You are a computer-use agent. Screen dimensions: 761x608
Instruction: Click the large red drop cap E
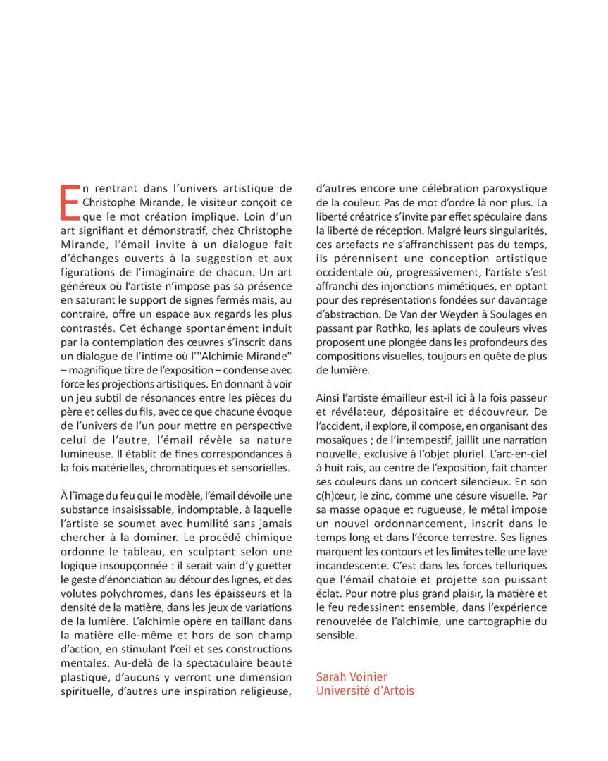point(68,202)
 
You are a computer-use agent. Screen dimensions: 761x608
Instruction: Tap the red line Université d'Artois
point(365,691)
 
